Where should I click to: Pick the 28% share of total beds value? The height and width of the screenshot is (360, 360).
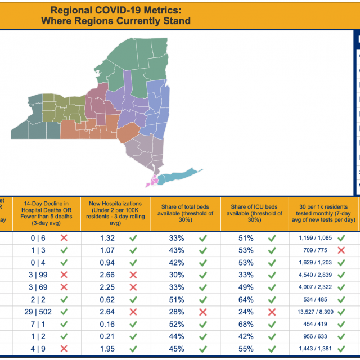(177, 312)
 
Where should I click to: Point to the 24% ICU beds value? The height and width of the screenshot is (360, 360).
(246, 312)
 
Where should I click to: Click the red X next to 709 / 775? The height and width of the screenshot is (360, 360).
(341, 250)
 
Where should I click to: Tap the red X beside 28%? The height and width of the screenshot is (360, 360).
(202, 312)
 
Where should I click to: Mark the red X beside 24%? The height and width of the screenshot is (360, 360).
(272, 312)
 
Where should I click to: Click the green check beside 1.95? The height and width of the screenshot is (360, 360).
(133, 349)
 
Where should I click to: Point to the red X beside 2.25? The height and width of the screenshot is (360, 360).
(133, 287)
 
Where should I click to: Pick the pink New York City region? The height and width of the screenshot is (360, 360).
(152, 182)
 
